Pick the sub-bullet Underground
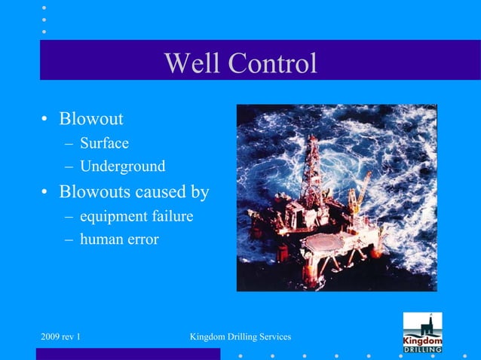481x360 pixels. [x=122, y=166]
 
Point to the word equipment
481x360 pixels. [x=112, y=217]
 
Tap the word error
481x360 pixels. [x=141, y=240]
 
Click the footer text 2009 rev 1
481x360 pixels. [x=61, y=335]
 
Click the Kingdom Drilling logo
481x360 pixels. [x=422, y=332]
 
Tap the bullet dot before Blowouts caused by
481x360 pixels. [x=45, y=192]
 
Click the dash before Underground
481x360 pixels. [x=68, y=166]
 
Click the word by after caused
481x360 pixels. [x=200, y=192]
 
